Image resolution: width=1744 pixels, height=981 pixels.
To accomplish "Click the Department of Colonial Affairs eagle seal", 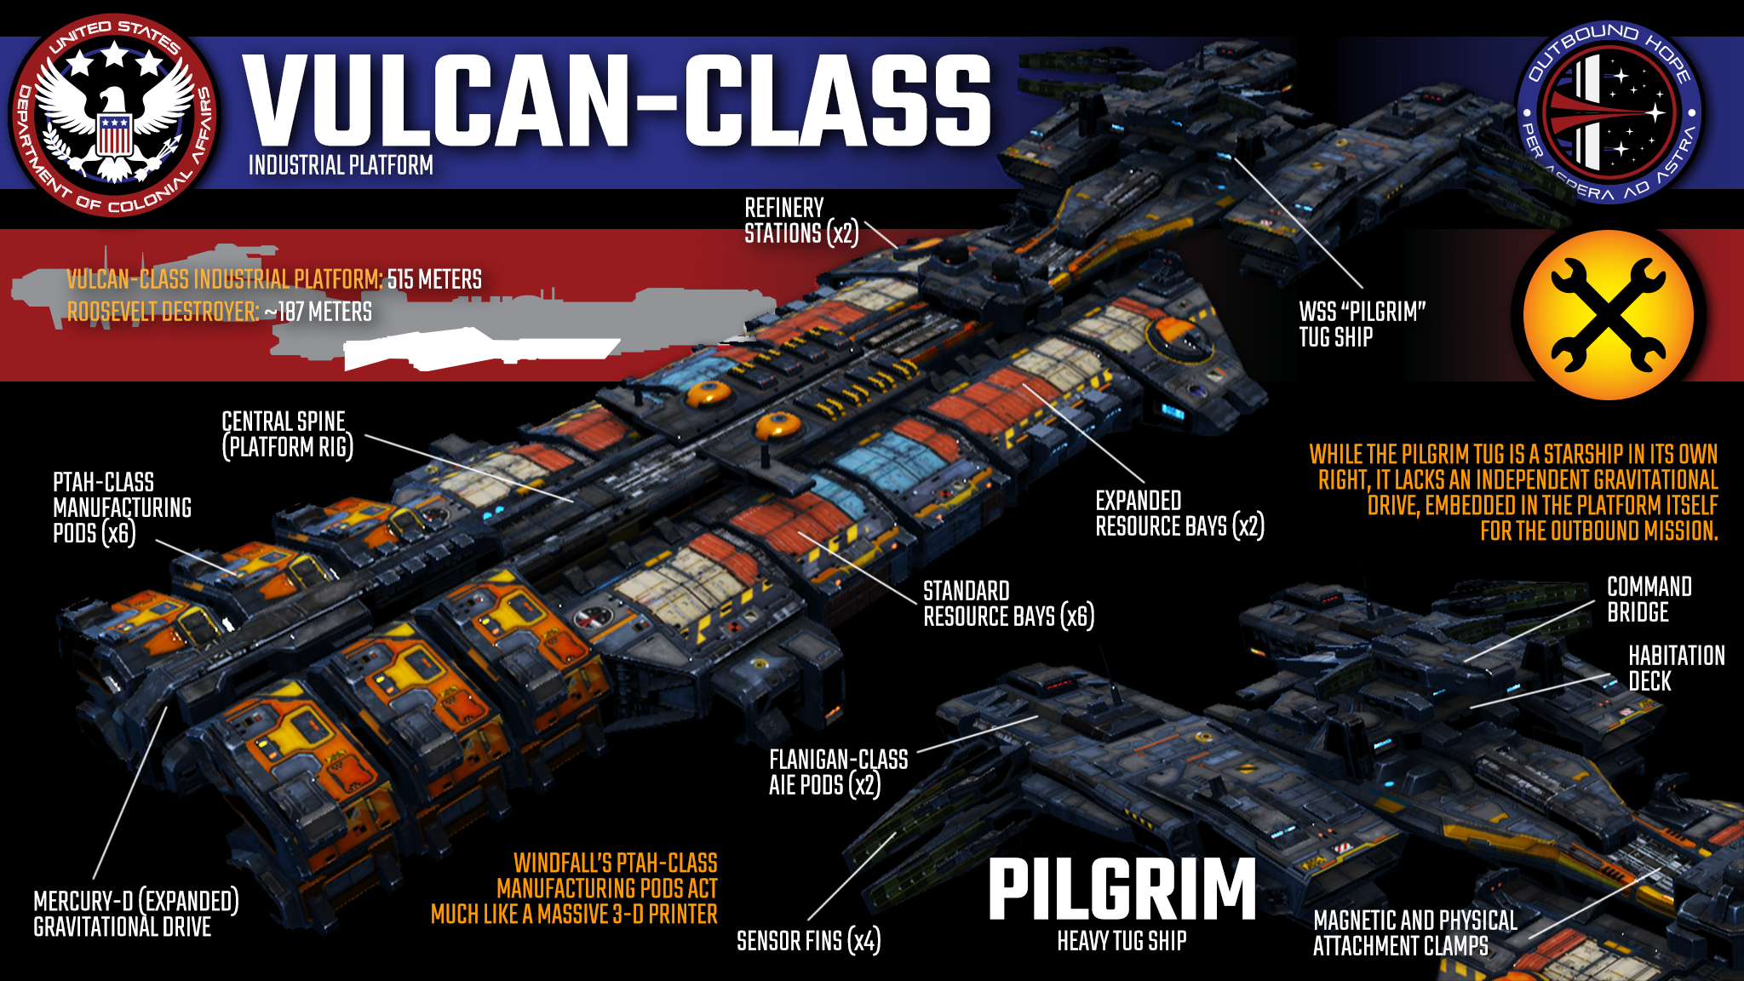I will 113,115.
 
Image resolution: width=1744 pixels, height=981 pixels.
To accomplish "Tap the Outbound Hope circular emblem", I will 1609,113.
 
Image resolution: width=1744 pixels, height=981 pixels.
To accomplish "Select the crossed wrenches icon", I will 1608,315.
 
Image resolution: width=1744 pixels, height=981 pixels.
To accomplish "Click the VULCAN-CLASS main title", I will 617,100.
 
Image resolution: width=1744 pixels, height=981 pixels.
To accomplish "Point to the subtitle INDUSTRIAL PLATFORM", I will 341,165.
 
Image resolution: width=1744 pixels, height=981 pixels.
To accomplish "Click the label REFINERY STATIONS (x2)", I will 800,221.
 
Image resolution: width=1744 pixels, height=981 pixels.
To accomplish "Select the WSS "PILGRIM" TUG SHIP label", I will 1362,324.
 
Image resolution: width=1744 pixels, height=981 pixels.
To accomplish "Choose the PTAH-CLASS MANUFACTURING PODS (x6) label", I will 122,508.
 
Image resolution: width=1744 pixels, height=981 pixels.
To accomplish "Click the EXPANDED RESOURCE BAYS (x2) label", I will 1179,513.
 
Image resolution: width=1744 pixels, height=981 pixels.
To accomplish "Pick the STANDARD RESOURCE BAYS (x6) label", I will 1008,604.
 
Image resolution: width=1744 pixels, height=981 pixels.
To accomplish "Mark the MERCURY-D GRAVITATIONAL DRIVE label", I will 135,914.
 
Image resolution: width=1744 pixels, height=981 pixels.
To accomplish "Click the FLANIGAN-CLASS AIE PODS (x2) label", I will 838,772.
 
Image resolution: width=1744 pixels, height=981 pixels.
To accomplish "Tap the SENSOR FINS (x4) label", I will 808,941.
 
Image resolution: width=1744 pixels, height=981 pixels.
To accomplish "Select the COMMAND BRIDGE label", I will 1649,599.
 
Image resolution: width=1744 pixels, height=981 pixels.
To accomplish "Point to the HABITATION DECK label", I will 1676,668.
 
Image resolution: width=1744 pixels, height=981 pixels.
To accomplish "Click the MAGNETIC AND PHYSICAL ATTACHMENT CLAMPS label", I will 1414,933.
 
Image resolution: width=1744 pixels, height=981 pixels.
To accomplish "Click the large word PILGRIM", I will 1122,890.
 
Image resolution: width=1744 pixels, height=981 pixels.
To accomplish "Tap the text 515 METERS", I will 434,279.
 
